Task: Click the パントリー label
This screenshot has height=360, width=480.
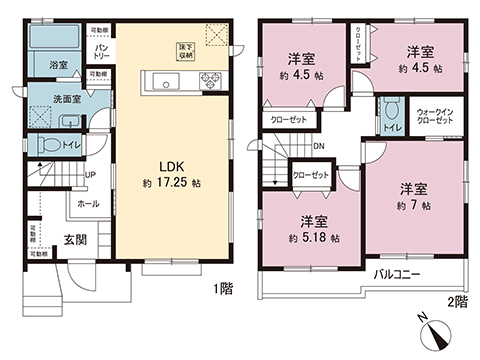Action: tap(102, 50)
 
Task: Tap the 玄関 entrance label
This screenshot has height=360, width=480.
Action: tap(76, 240)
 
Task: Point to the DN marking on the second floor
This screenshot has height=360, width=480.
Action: tap(319, 147)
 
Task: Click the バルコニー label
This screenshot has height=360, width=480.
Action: tap(398, 273)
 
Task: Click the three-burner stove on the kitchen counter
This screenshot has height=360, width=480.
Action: tap(213, 80)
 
